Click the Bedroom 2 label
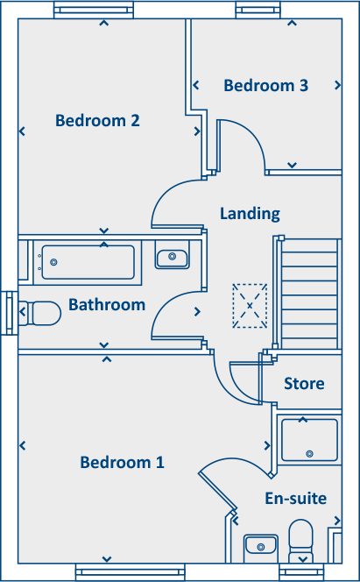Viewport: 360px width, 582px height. [x=97, y=120]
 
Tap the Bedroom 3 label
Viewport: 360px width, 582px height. [x=265, y=85]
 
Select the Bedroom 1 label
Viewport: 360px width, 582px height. [x=122, y=462]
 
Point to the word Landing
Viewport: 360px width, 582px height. [x=250, y=213]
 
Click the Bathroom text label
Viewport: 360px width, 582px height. [x=107, y=305]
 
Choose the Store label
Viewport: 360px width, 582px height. [x=304, y=384]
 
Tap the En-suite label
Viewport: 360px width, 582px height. [x=295, y=498]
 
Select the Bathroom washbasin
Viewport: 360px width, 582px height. [x=172, y=258]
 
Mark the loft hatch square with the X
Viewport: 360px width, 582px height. [x=250, y=305]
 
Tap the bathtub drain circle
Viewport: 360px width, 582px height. [x=53, y=262]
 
